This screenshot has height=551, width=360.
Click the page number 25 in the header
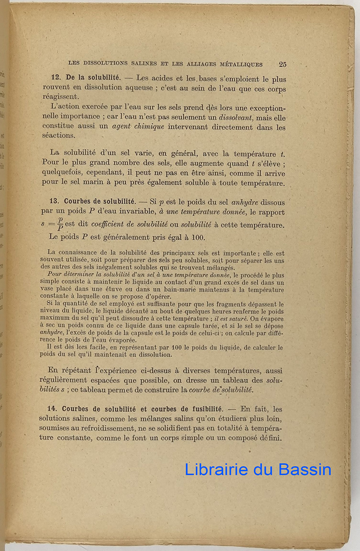pyautogui.click(x=282, y=64)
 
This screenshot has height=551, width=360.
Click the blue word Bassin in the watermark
pyautogui.click(x=303, y=469)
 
